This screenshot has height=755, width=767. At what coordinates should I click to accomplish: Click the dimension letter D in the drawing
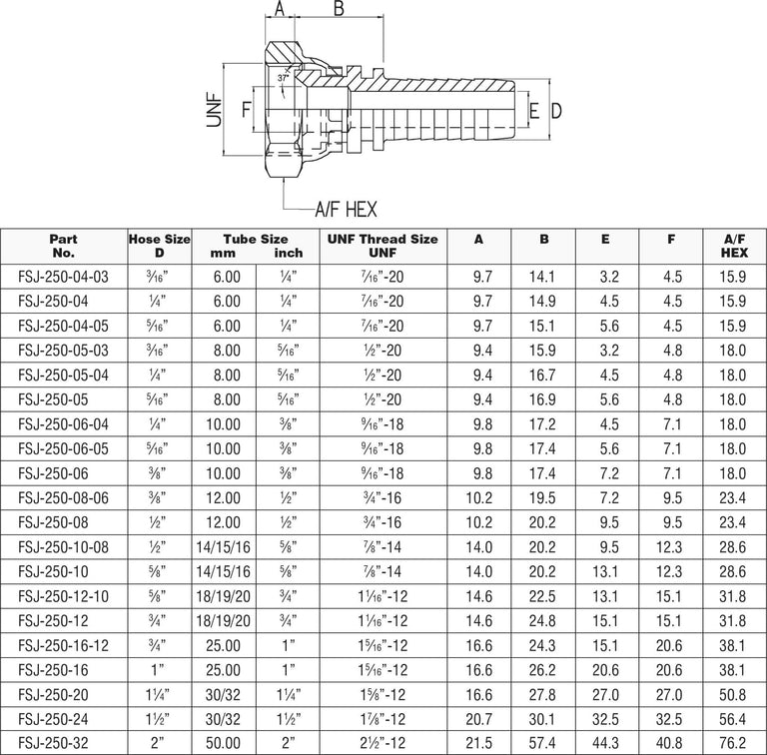click(x=556, y=109)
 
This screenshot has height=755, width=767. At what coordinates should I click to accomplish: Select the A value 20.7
click(x=479, y=719)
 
